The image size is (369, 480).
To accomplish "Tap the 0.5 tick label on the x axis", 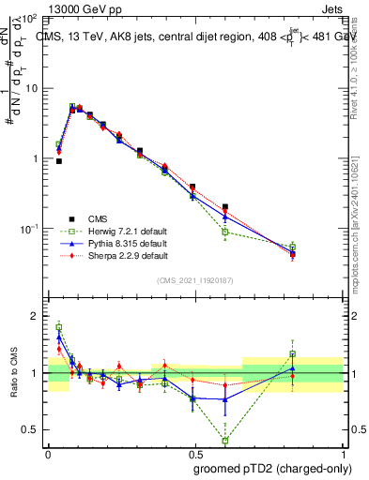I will (x=195, y=452).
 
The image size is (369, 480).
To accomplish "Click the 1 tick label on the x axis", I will (x=343, y=452).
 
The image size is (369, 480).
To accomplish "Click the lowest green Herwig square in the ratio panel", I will (x=225, y=441).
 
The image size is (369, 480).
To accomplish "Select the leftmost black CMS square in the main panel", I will (x=59, y=161).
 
